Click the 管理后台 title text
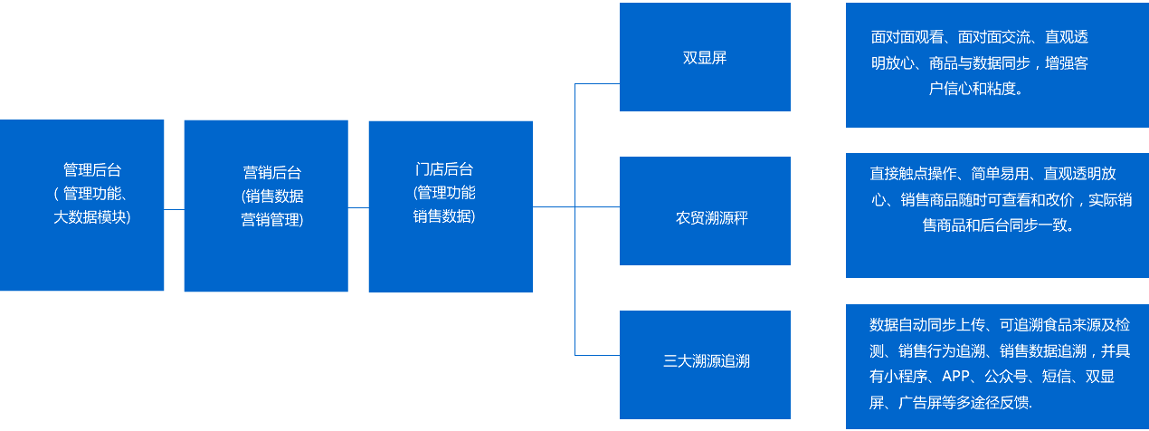pyautogui.click(x=91, y=169)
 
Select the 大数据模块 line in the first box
pyautogui.click(x=91, y=217)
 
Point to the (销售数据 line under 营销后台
pyautogui.click(x=272, y=196)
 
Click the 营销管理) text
pyautogui.click(x=272, y=219)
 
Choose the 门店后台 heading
pyautogui.click(x=444, y=169)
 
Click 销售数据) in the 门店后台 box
pyautogui.click(x=444, y=216)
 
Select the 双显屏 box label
pyautogui.click(x=705, y=58)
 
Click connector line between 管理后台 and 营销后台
pyautogui.click(x=174, y=209)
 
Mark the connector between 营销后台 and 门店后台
pyautogui.click(x=358, y=207)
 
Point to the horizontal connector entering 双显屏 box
pyautogui.click(x=597, y=83)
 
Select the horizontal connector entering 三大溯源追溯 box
pyautogui.click(x=597, y=354)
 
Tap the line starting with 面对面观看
pyautogui.click(x=979, y=37)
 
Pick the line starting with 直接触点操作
pyautogui.click(x=992, y=173)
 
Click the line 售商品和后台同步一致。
pyautogui.click(x=998, y=225)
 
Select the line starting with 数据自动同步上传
pyautogui.click(x=999, y=324)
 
